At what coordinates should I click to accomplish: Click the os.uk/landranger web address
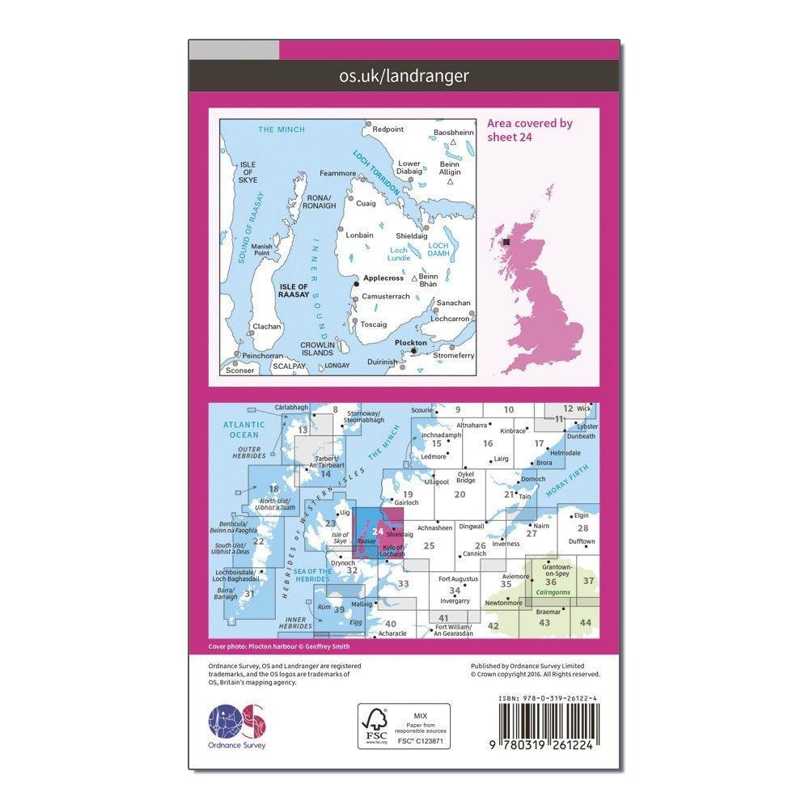click(x=405, y=76)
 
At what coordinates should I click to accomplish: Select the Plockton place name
click(x=410, y=342)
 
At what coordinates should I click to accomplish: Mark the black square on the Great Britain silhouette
click(x=507, y=241)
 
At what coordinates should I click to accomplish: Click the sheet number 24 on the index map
click(x=379, y=532)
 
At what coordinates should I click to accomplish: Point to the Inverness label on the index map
click(x=506, y=544)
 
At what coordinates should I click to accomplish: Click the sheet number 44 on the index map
click(x=585, y=622)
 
